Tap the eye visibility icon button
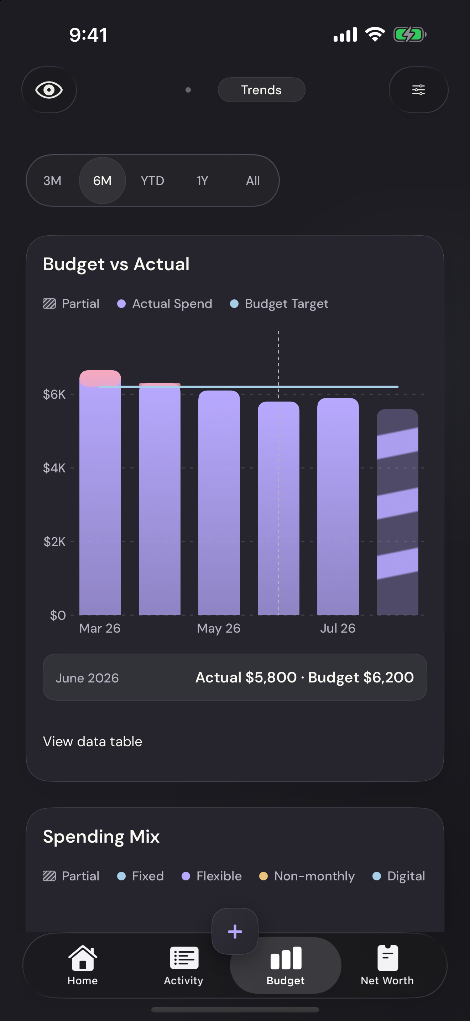pyautogui.click(x=49, y=90)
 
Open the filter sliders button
pyautogui.click(x=418, y=90)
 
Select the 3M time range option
pyautogui.click(x=52, y=181)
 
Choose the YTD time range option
pyautogui.click(x=152, y=181)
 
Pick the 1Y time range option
pyautogui.click(x=203, y=181)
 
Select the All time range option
pyautogui.click(x=253, y=181)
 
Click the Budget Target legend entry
pyautogui.click(x=280, y=304)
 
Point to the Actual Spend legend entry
pyautogui.click(x=165, y=304)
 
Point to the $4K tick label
pyautogui.click(x=54, y=468)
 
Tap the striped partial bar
pyautogui.click(x=397, y=512)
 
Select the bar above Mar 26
pyautogui.click(x=100, y=493)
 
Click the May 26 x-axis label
pyautogui.click(x=219, y=628)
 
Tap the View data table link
pyautogui.click(x=93, y=742)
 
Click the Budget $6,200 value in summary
pyautogui.click(x=361, y=677)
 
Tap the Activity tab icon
pyautogui.click(x=184, y=958)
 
